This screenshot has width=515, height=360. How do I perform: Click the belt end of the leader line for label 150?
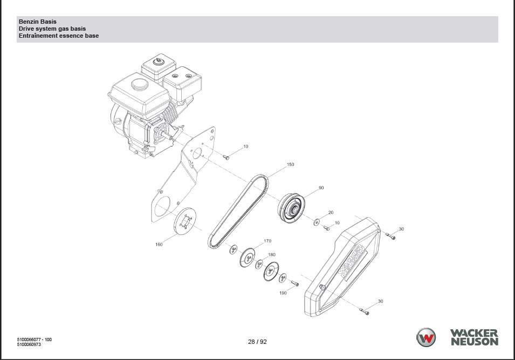[267, 177]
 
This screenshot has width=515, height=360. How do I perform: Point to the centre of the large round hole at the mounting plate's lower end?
[162, 206]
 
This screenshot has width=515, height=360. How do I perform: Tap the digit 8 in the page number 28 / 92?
[253, 342]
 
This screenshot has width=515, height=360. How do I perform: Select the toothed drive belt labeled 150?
[238, 211]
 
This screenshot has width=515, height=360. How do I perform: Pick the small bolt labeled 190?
[294, 283]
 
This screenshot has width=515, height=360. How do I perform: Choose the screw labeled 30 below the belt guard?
[364, 311]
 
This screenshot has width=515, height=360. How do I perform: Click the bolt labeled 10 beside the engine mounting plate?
[226, 157]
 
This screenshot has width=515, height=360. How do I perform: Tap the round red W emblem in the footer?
[426, 337]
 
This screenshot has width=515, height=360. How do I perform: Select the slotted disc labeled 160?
[185, 221]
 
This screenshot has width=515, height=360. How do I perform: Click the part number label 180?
[272, 255]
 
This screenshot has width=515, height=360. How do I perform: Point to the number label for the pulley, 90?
[321, 188]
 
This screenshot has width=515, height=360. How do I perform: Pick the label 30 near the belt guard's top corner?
[401, 229]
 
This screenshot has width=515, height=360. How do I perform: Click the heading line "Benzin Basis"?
[37, 22]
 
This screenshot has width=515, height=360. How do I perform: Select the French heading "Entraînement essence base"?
[59, 36]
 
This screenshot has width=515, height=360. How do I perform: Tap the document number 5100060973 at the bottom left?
[29, 344]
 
